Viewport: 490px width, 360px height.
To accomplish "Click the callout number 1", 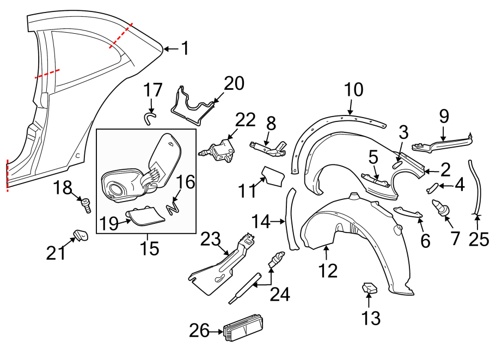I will point(185,49).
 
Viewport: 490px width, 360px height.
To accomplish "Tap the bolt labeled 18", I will point(86,205).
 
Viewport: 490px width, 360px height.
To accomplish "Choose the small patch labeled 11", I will point(273,176).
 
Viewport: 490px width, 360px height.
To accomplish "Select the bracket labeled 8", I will point(269,148).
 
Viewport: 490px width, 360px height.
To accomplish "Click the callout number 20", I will point(234,83).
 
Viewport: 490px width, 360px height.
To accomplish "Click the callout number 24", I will point(280,295).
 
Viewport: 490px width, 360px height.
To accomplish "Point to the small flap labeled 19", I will point(146,218).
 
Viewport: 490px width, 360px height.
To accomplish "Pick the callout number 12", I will point(328,270).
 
